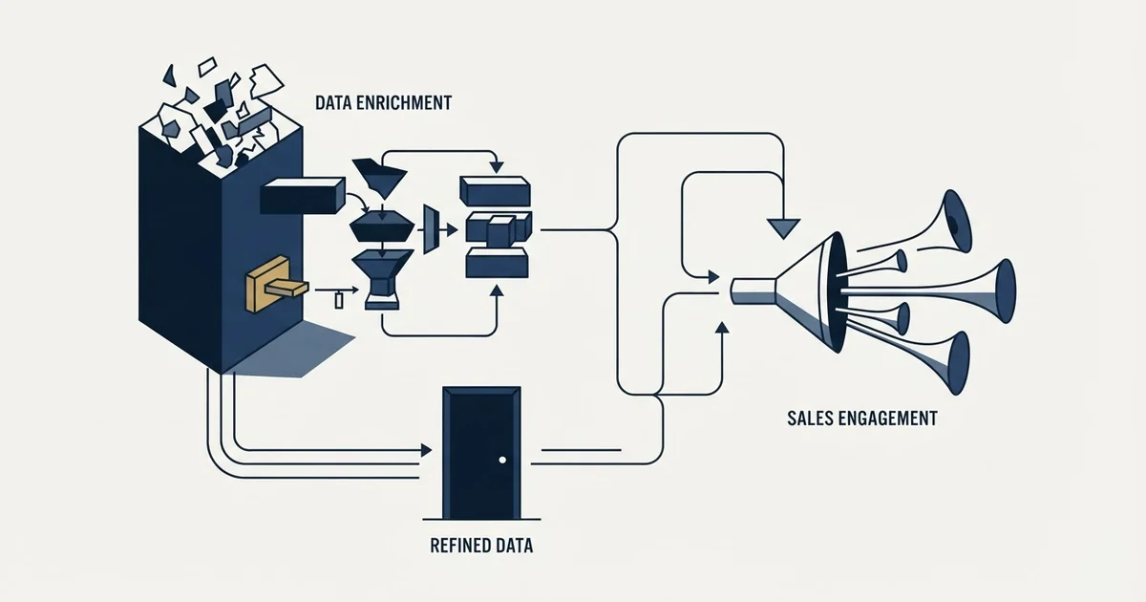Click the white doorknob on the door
(502, 460)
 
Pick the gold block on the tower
(276, 284)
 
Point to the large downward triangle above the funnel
(783, 228)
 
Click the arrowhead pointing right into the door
(426, 450)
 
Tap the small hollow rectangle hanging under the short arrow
(339, 300)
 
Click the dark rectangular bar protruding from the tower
(303, 196)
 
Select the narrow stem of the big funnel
(753, 291)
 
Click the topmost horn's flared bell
(957, 221)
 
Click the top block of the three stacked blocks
(496, 191)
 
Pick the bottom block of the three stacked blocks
(497, 263)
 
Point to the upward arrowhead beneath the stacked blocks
(497, 290)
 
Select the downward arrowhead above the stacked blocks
(497, 167)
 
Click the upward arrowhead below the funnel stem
(722, 328)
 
